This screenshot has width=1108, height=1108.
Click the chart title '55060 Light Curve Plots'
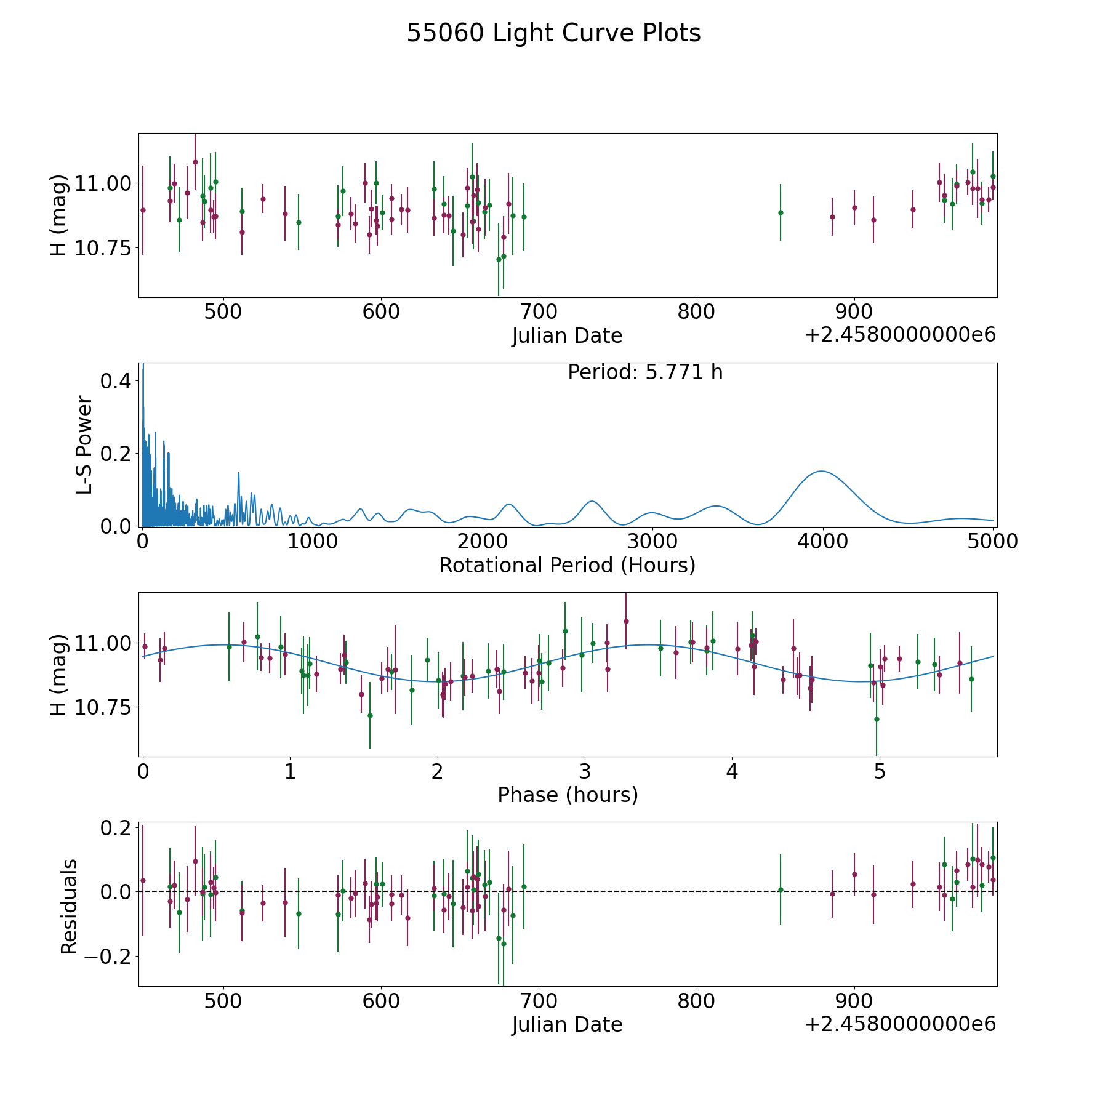click(x=553, y=33)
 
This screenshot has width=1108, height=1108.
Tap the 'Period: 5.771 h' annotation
click(x=644, y=372)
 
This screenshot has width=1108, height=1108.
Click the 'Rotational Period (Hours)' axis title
click(x=567, y=565)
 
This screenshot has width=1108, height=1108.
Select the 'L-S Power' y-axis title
click(x=84, y=445)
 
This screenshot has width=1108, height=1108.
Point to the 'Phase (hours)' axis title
click(x=568, y=795)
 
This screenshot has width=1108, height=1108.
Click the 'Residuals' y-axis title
click(x=69, y=906)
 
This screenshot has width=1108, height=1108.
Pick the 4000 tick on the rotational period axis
click(x=822, y=542)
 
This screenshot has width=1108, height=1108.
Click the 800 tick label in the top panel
click(x=696, y=311)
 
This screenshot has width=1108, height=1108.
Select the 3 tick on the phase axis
click(x=585, y=771)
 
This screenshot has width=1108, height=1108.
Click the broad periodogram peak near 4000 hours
click(x=821, y=472)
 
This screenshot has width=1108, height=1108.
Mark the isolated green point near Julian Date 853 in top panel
click(x=781, y=212)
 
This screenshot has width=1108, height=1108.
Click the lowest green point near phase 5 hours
click(x=877, y=719)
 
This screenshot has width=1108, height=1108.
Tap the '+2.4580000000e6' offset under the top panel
click(x=900, y=335)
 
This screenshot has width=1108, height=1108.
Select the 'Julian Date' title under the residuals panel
click(x=567, y=1024)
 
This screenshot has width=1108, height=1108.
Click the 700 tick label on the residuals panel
click(x=539, y=1001)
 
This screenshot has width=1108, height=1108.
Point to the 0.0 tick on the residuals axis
click(x=115, y=891)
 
